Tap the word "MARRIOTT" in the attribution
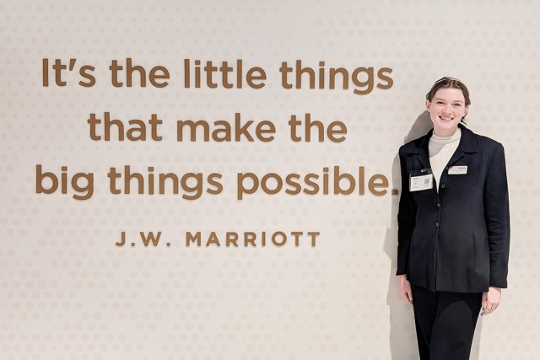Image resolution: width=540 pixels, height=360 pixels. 252,239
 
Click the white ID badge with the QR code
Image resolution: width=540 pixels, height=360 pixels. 421,181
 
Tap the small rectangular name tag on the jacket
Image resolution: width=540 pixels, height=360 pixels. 457,169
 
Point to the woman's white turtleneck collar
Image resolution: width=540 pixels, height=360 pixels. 444,140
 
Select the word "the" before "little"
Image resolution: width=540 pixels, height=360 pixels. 139,74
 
